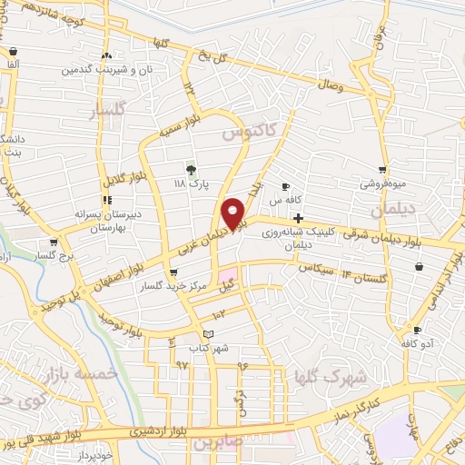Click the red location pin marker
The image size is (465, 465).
click(233, 213)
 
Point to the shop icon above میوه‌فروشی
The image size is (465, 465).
click(382, 170)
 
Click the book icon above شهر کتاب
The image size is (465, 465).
click(209, 334)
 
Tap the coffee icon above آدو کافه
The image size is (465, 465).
click(417, 331)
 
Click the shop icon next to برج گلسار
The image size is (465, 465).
click(54, 242)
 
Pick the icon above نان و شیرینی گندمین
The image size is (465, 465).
click(107, 55)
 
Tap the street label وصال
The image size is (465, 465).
click(329, 85)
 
